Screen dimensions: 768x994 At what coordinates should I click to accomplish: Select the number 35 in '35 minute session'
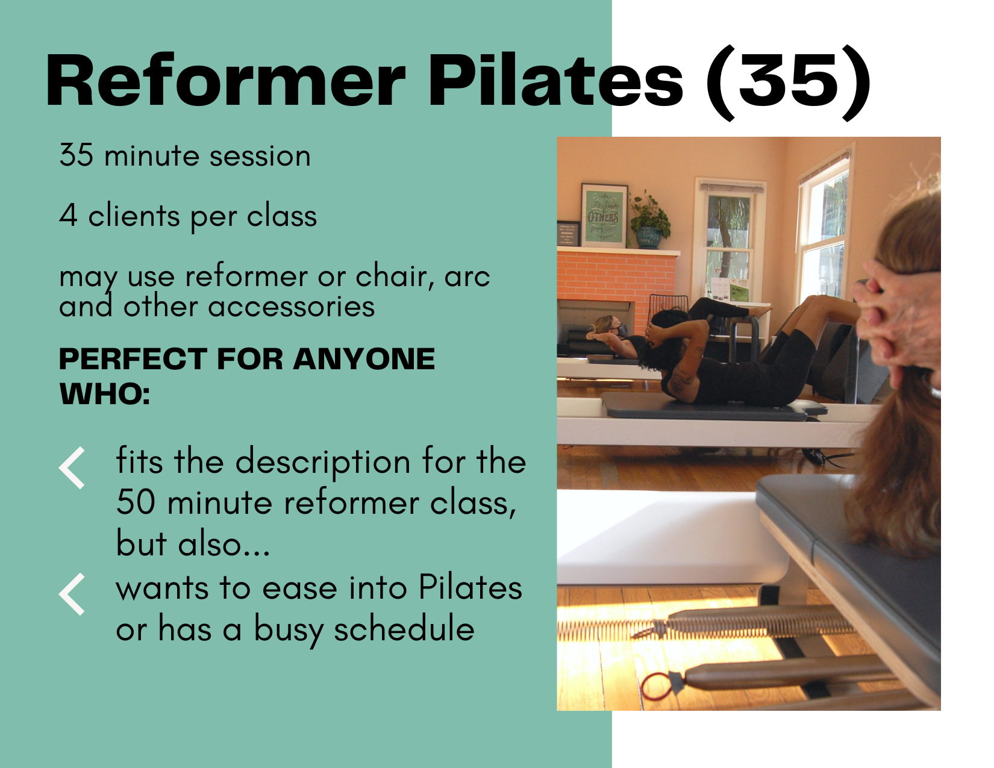pyautogui.click(x=77, y=155)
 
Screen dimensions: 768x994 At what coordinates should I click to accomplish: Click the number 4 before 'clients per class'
pyautogui.click(x=68, y=216)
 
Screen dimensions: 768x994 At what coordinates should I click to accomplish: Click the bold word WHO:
pyautogui.click(x=104, y=395)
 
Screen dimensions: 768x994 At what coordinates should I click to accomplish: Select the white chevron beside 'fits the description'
pyautogui.click(x=72, y=467)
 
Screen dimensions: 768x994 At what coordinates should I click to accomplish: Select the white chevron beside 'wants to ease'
pyautogui.click(x=72, y=594)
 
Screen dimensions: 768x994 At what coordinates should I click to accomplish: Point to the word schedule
pyautogui.click(x=404, y=629)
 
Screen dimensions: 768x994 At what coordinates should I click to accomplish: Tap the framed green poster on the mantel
pyautogui.click(x=604, y=216)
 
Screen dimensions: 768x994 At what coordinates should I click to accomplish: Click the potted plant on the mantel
pyautogui.click(x=649, y=222)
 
